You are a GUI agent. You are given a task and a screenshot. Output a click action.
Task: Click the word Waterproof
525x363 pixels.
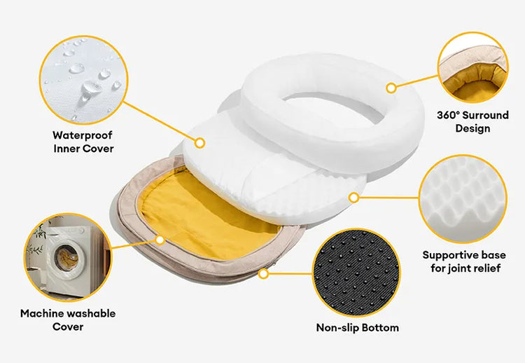coord(83,136)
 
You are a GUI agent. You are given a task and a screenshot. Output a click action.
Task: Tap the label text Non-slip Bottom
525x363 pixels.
coord(357,327)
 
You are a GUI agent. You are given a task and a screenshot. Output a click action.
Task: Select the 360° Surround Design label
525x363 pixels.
coord(472,122)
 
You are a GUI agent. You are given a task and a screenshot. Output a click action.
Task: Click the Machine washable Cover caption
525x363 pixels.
coord(68,320)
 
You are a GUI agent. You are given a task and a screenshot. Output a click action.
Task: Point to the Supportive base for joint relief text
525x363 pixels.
coord(464,261)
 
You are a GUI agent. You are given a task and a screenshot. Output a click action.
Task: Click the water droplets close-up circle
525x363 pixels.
coord(83,80)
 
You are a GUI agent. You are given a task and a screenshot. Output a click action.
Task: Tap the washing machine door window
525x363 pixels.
coord(66,257)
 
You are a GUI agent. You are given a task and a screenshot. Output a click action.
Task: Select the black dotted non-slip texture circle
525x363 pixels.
coord(356,273)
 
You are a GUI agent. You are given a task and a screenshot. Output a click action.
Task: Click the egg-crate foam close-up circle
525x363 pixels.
coord(463,199)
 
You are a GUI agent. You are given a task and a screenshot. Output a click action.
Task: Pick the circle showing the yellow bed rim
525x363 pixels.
coord(472,67)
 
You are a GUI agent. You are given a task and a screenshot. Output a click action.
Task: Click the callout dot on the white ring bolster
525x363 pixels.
coord(391,88)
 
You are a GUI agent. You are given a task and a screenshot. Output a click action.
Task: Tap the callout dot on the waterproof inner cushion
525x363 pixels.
coord(199,143)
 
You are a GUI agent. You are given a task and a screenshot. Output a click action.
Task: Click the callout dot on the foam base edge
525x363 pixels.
coord(353,198)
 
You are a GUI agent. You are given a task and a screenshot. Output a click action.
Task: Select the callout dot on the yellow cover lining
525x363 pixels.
coord(160,240)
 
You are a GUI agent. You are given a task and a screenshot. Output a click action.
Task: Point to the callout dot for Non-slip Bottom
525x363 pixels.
coord(263,274)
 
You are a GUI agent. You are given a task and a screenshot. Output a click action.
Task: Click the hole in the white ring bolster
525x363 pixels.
coord(334,108)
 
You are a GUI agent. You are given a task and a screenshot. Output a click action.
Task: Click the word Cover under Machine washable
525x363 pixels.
coord(68,327)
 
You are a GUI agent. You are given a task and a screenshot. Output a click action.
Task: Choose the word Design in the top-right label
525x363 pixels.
coord(472,128)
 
